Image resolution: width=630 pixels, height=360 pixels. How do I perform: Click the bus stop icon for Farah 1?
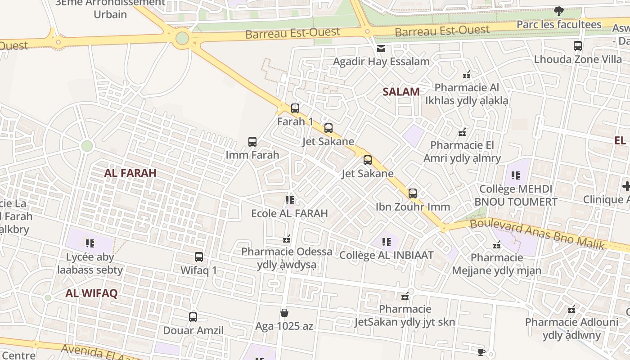(x=295, y=108)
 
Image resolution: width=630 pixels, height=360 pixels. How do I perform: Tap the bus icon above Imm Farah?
(x=252, y=142)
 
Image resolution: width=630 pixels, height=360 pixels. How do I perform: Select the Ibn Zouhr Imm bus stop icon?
(x=413, y=193)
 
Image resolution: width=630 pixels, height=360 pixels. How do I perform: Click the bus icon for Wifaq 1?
(x=199, y=257)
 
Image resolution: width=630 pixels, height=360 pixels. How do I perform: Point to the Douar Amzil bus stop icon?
(x=193, y=317)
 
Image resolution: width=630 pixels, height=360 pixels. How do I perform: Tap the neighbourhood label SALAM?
(x=401, y=92)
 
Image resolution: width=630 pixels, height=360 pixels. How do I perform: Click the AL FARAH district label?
(x=130, y=173)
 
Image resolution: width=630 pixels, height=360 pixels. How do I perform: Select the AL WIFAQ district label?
(x=91, y=293)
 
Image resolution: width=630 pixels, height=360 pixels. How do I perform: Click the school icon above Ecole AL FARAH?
(x=290, y=200)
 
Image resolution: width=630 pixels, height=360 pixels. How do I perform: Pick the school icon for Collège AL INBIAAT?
(x=387, y=242)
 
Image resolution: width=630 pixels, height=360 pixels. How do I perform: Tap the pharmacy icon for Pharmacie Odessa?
(x=287, y=239)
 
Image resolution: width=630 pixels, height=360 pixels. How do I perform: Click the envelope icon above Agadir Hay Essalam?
(x=381, y=49)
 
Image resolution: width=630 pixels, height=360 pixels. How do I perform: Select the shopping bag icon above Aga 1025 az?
(x=284, y=312)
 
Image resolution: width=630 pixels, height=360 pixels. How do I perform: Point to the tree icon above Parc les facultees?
(x=559, y=11)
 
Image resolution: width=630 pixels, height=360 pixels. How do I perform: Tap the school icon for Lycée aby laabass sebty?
(x=90, y=243)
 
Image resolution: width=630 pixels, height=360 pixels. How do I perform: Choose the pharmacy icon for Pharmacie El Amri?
(x=462, y=132)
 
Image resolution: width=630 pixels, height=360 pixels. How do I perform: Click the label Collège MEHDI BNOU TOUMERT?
(x=516, y=195)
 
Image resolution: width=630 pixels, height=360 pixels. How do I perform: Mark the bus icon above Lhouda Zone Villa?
(x=578, y=46)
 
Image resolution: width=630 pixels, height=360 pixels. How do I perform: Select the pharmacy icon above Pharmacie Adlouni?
(x=571, y=310)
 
